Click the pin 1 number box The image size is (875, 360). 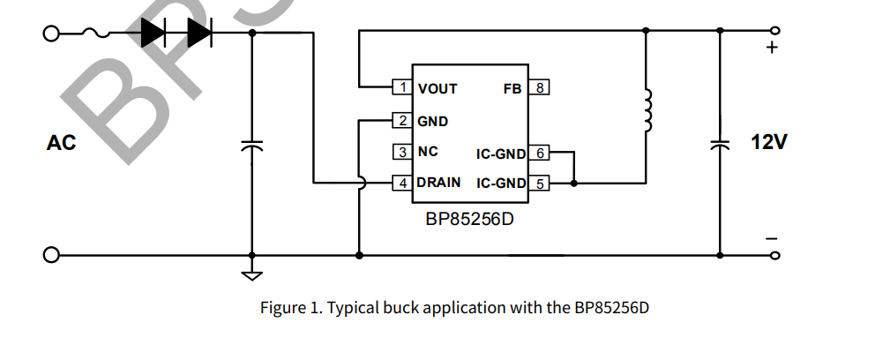click(403, 87)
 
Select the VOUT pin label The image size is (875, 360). click(437, 88)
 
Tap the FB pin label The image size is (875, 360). click(512, 88)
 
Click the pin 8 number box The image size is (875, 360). click(540, 87)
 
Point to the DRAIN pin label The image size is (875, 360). click(438, 183)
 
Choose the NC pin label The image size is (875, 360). click(428, 152)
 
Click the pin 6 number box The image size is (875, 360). click(540, 153)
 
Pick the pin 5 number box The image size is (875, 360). click(540, 183)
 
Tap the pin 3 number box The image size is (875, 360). click(403, 152)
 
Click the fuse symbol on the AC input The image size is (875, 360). click(95, 34)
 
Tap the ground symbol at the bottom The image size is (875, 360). click(252, 274)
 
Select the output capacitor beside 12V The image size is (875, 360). click(722, 145)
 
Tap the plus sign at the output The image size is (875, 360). click(773, 48)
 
